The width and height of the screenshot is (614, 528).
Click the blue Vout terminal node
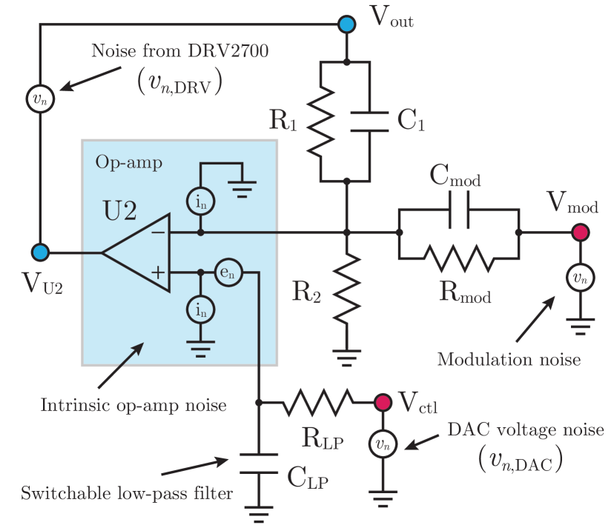pos(346,24)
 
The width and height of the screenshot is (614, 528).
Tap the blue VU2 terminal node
pos(41,253)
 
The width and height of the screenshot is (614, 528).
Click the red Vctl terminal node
pos(383,403)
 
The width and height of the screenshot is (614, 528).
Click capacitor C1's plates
pos(369,121)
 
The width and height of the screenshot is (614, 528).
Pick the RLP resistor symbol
pos(320,403)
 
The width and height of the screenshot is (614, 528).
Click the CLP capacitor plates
pos(259,464)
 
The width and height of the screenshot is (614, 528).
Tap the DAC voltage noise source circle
pos(383,444)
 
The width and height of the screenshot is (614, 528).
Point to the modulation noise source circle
pos(580,278)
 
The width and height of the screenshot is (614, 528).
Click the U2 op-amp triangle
pos(137,253)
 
